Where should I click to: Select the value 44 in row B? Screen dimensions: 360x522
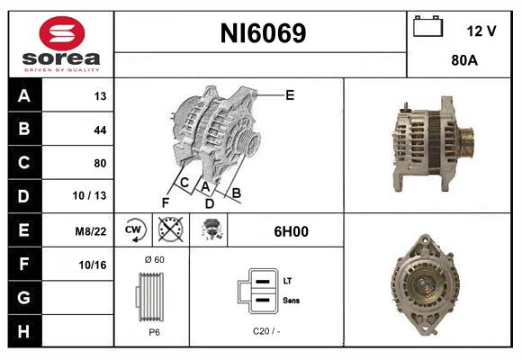pos(100,130)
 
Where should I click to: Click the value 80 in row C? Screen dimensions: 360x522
pos(100,163)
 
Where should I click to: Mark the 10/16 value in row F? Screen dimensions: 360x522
pos(93,265)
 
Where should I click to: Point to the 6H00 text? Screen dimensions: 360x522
pos(291,231)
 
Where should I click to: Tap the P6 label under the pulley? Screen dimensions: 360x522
pos(154,331)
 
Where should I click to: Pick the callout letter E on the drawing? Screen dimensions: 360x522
pos(290,94)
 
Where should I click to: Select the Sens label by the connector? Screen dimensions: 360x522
pos(292,300)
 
